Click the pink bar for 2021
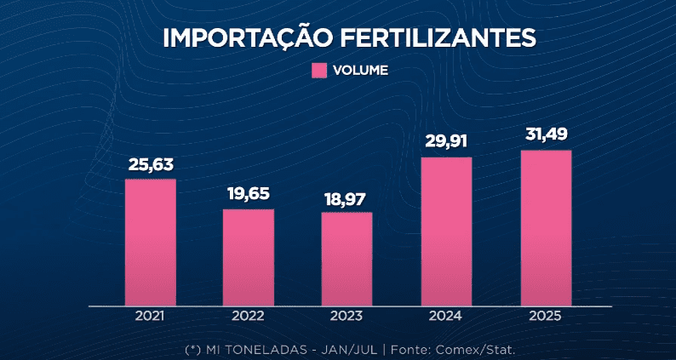tap(150, 242)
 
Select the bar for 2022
tap(249, 256)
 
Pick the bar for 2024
tap(446, 231)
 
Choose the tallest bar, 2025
tap(546, 227)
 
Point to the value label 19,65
tap(249, 194)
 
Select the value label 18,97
tap(347, 197)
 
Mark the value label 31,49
tap(546, 135)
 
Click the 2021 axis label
tap(150, 316)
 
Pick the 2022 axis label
tap(249, 316)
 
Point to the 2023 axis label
tap(347, 316)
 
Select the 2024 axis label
tap(446, 316)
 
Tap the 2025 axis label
tap(546, 316)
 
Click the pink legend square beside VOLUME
tap(320, 71)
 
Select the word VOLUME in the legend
tap(361, 71)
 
